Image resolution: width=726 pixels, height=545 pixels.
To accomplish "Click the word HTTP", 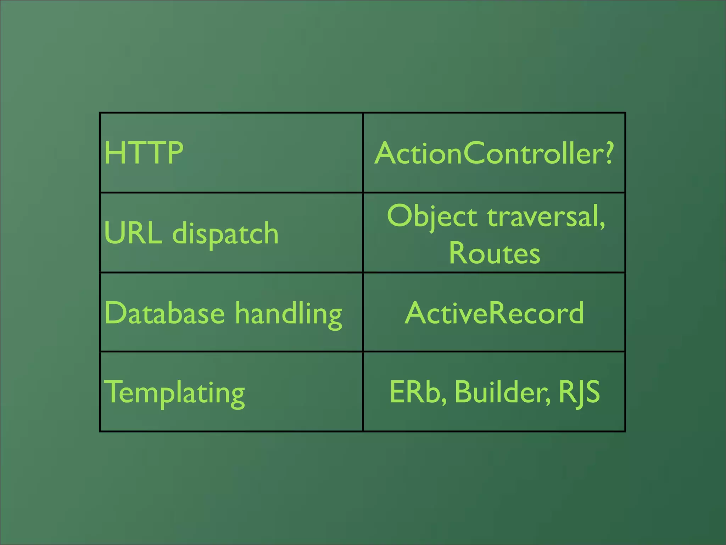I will point(144,153).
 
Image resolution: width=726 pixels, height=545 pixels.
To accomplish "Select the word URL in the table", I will point(133,233).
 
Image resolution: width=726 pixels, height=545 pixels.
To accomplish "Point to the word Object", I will point(432,216).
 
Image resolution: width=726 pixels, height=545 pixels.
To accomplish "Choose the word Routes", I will point(495,253).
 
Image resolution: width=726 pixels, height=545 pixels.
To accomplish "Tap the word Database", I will point(164,313).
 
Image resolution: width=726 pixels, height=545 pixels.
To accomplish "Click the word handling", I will point(289,314).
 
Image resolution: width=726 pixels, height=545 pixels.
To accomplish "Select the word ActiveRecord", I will point(494,313).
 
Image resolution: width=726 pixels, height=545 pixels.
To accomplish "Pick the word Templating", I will point(174,392).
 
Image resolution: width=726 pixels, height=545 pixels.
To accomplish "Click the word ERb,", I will point(418,392).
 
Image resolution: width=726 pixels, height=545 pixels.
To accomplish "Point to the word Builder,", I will point(502,392).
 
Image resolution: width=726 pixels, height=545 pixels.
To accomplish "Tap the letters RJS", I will point(579,392).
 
